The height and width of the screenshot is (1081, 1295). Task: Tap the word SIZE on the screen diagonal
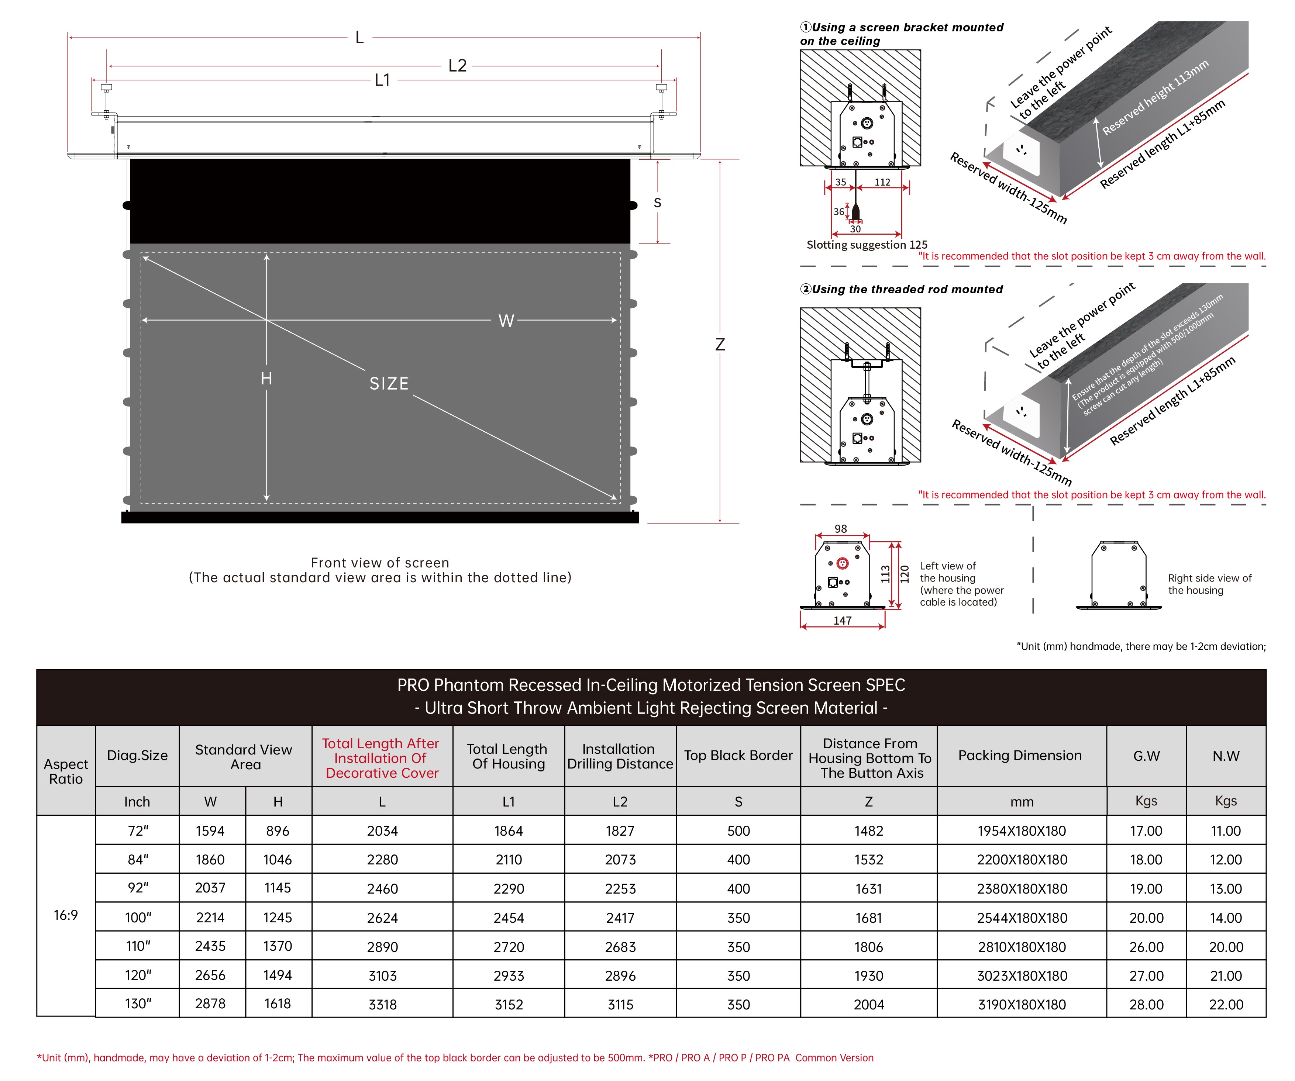(x=389, y=384)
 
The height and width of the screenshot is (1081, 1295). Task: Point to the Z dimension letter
(x=720, y=344)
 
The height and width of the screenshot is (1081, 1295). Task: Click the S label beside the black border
(x=657, y=203)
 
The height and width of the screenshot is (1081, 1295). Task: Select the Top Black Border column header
(x=738, y=755)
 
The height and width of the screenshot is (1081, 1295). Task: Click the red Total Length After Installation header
(x=382, y=758)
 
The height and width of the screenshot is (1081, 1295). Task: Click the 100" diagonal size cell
(x=138, y=918)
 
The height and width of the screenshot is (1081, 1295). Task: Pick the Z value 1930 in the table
(x=868, y=975)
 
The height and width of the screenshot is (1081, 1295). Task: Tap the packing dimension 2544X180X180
(x=1021, y=918)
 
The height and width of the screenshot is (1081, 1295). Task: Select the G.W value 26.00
(x=1146, y=947)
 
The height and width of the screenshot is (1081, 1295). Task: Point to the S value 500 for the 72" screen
(x=738, y=830)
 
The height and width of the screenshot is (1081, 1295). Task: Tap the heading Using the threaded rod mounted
(x=906, y=289)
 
